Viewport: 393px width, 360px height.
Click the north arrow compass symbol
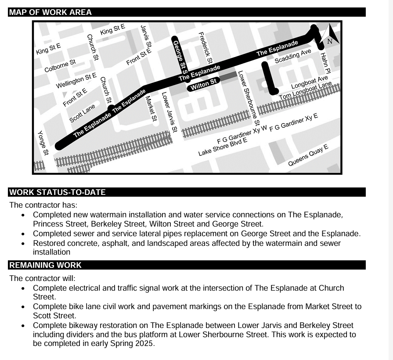(x=331, y=35)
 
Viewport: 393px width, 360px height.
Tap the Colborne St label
(x=60, y=66)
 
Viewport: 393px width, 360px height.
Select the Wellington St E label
(x=76, y=80)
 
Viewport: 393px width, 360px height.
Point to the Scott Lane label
(x=82, y=113)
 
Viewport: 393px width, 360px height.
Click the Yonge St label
(x=42, y=143)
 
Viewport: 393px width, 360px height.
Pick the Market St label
(x=151, y=108)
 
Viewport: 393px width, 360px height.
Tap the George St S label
(x=180, y=55)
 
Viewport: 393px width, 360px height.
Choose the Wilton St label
(x=203, y=84)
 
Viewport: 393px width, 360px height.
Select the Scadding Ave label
(x=292, y=56)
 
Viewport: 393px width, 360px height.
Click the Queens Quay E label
(x=308, y=155)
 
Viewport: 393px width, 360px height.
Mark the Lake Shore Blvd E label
(x=223, y=147)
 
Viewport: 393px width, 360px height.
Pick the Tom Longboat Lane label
(x=305, y=90)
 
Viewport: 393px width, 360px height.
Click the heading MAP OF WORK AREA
(x=50, y=12)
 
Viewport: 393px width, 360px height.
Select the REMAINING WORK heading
(x=45, y=265)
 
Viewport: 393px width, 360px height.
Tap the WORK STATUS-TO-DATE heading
(x=57, y=192)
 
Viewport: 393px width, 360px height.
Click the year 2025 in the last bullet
(x=145, y=343)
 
